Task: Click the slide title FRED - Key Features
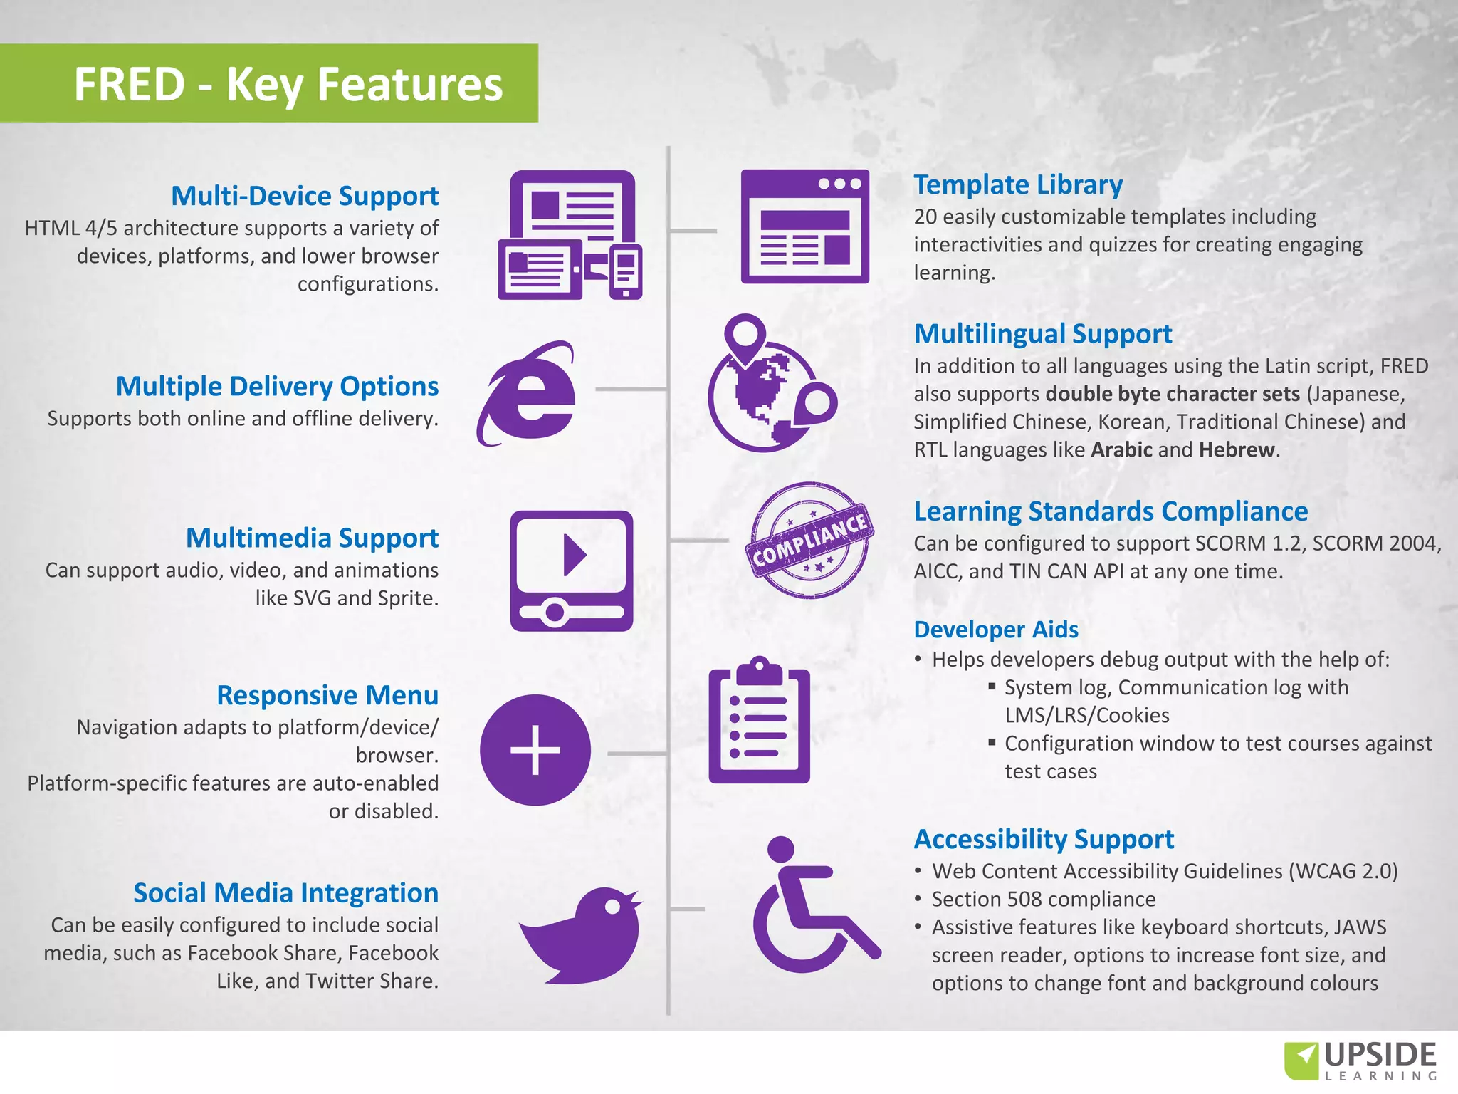point(288,84)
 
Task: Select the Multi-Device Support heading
point(305,196)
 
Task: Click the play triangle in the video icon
point(574,555)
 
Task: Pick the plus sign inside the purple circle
point(535,750)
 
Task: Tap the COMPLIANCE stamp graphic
point(809,540)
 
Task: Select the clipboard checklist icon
point(759,721)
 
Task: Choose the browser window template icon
point(804,226)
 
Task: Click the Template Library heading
point(1018,184)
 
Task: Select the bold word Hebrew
point(1237,450)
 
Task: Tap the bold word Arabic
point(1121,450)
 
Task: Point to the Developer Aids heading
point(996,630)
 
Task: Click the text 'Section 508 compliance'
point(1044,900)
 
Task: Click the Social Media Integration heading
point(285,893)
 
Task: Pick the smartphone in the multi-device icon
point(626,271)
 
